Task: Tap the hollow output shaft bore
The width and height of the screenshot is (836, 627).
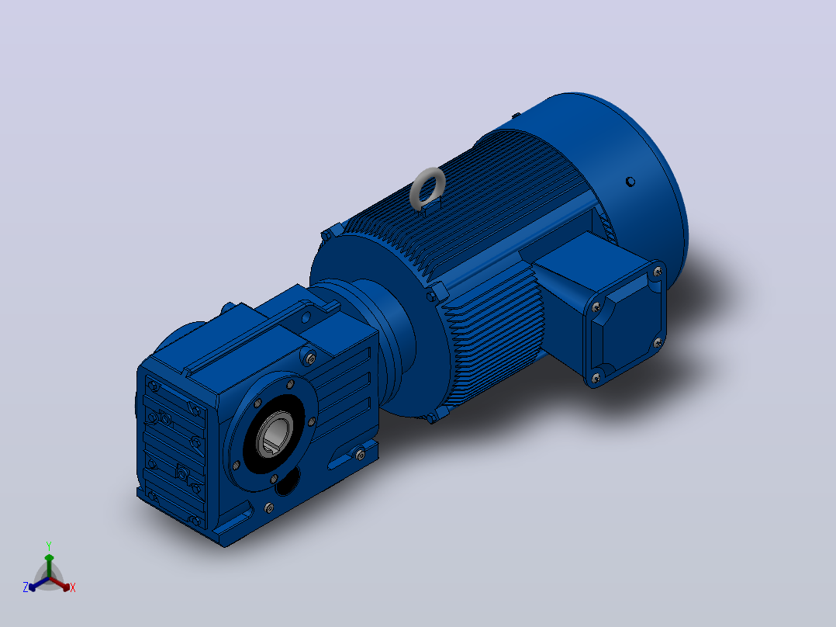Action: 276,435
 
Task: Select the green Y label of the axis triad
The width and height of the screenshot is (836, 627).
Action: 49,546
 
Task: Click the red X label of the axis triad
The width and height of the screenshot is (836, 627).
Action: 73,587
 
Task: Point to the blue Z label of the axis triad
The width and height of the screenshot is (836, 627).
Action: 25,587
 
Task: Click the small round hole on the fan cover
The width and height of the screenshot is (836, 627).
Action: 630,182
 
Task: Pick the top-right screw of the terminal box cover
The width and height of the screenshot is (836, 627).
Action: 658,272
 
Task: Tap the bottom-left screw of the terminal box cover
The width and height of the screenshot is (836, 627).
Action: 596,378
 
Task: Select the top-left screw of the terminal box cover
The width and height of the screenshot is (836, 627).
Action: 596,307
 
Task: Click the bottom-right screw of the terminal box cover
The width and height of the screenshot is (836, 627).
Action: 658,342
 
